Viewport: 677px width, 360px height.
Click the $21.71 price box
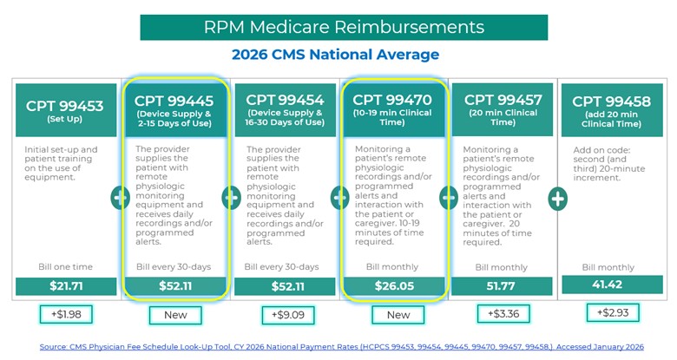click(x=64, y=285)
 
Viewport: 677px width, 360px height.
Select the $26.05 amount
click(x=391, y=285)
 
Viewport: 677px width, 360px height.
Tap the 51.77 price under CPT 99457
click(x=501, y=285)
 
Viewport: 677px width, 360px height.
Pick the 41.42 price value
click(x=610, y=284)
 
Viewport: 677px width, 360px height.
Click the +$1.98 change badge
click(x=64, y=314)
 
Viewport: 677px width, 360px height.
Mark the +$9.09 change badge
click(x=283, y=314)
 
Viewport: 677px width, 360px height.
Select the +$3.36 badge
click(x=501, y=314)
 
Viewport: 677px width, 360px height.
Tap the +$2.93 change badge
click(x=610, y=313)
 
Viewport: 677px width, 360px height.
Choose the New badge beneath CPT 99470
click(x=391, y=314)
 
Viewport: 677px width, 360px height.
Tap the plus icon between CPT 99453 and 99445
click(x=120, y=198)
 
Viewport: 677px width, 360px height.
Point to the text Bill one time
click(x=64, y=266)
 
